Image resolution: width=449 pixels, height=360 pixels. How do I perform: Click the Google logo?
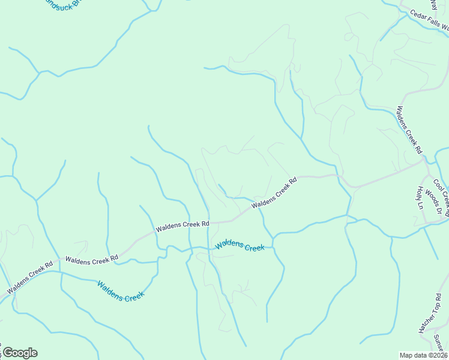click(19, 353)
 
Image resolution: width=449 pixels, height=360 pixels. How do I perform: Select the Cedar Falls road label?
click(429, 20)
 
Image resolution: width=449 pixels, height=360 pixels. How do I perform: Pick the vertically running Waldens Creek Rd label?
click(409, 129)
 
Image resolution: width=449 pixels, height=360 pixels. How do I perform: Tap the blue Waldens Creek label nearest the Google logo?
click(121, 291)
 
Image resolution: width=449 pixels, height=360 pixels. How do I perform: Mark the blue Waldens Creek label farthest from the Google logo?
click(240, 245)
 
